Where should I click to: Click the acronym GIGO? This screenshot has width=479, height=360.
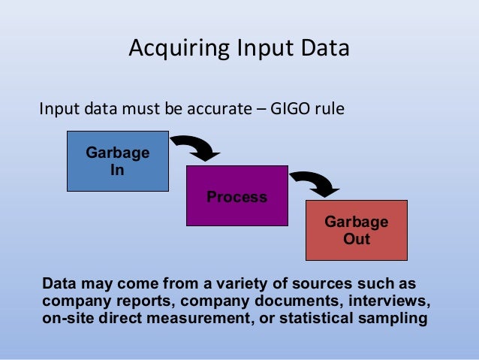(291, 110)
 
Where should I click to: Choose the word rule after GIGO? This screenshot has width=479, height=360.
(330, 110)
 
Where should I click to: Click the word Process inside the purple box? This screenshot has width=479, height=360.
(237, 197)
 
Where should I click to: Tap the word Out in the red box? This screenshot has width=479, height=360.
(356, 240)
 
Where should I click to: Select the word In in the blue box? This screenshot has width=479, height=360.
(117, 170)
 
